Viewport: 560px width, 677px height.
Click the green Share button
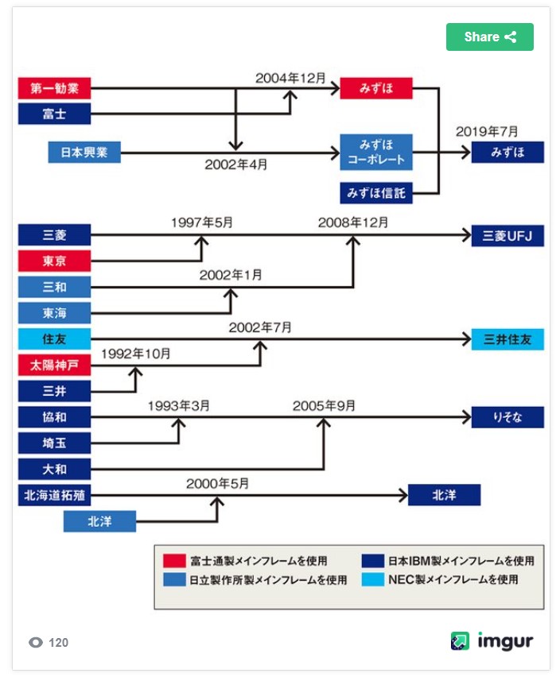[489, 37]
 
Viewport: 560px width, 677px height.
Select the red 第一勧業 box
[54, 87]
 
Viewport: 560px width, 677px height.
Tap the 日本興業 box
[84, 152]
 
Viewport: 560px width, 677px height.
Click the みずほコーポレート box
[376, 152]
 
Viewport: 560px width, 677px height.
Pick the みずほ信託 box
[376, 192]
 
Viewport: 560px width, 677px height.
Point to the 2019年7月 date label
[487, 131]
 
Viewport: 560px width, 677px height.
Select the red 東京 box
[54, 261]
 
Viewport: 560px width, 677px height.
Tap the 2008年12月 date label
[353, 222]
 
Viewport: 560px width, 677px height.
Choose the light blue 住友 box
[54, 339]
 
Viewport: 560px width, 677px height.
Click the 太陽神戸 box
[54, 365]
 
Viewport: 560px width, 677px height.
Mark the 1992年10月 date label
[135, 354]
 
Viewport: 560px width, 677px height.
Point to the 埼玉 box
[54, 443]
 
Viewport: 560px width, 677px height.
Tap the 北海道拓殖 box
[54, 495]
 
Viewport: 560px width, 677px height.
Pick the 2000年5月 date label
[218, 483]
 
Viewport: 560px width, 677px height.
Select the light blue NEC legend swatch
[372, 579]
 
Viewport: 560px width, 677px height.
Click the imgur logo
[492, 641]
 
